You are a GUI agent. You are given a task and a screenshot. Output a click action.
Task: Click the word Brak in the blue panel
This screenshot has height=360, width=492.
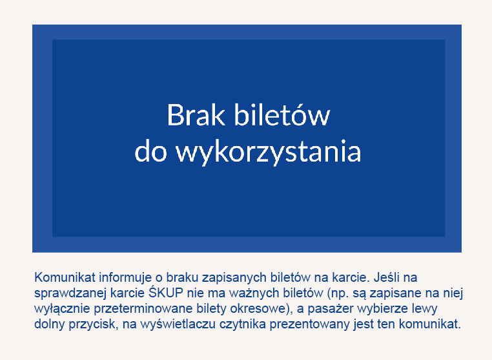pyautogui.click(x=196, y=115)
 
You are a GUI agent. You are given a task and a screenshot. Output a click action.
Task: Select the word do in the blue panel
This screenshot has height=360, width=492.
pyautogui.click(x=150, y=151)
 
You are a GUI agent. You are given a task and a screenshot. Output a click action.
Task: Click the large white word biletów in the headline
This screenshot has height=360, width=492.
pyautogui.click(x=282, y=114)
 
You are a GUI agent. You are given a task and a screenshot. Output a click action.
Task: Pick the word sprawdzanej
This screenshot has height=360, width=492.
pyautogui.click(x=70, y=293)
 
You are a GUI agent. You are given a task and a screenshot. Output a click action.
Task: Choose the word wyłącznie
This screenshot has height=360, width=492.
pyautogui.click(x=62, y=309)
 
